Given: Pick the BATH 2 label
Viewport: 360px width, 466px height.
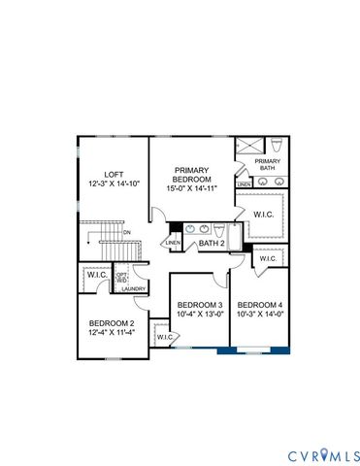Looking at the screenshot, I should (213, 244).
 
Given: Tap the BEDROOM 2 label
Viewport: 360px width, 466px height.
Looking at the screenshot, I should (112, 322).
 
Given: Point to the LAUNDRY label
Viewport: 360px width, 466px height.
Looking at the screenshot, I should (133, 288).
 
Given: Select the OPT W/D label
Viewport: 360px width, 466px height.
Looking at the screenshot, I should (122, 278).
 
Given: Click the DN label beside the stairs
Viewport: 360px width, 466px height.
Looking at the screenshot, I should (127, 233).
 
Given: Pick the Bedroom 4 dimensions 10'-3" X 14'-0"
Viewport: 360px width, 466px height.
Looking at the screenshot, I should (260, 314).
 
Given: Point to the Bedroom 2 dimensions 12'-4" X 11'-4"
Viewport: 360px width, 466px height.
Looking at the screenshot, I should (112, 333).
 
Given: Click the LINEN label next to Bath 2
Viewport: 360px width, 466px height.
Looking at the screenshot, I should (174, 243).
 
